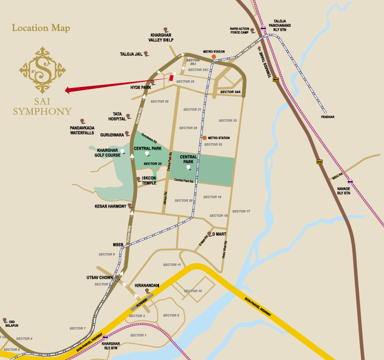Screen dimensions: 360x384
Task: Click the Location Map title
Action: (x=41, y=28)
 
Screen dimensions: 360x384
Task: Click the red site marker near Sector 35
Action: (x=171, y=78)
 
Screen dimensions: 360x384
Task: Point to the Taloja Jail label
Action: (x=130, y=54)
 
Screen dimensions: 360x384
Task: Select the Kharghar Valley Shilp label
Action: (x=161, y=37)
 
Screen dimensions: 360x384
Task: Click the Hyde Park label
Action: (x=141, y=87)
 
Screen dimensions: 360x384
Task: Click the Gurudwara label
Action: (x=111, y=135)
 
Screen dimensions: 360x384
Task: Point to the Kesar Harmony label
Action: (x=110, y=207)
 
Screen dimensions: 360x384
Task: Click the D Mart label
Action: (x=219, y=234)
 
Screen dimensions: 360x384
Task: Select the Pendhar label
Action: (x=327, y=117)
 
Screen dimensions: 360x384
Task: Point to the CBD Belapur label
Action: (x=11, y=323)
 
